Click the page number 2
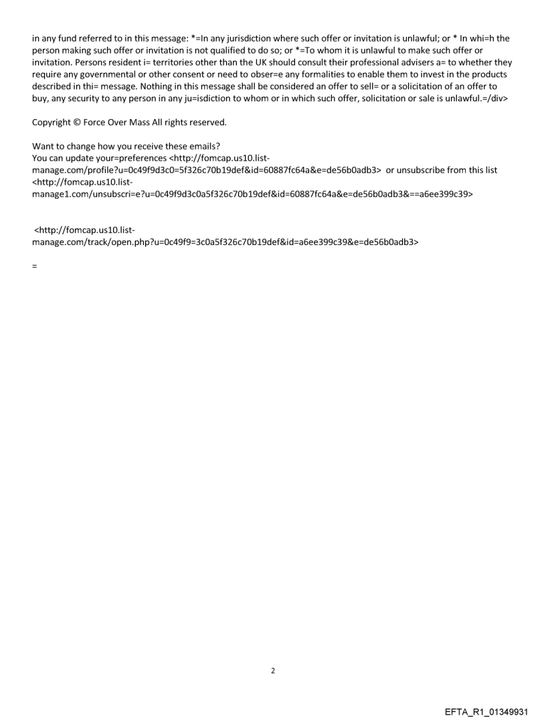point(272,670)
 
